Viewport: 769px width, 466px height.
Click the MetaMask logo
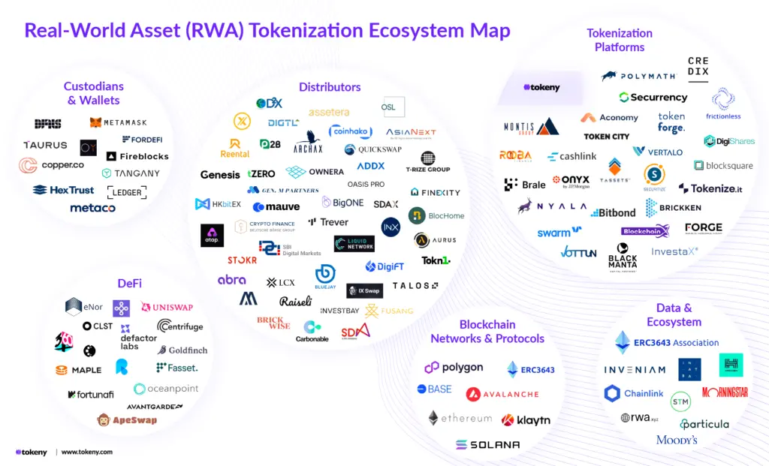pyautogui.click(x=119, y=122)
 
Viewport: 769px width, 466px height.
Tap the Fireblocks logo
pyautogui.click(x=137, y=156)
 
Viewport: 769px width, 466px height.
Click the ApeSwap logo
pyautogui.click(x=127, y=419)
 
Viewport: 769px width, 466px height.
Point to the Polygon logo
pyautogui.click(x=454, y=368)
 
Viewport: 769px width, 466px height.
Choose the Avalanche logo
pyautogui.click(x=502, y=394)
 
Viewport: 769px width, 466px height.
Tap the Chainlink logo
pyautogui.click(x=634, y=393)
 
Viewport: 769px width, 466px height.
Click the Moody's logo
pyautogui.click(x=677, y=439)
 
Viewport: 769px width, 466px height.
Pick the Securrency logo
pyautogui.click(x=653, y=98)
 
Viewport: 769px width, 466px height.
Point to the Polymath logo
pyautogui.click(x=638, y=76)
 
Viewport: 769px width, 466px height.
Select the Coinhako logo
pyautogui.click(x=350, y=131)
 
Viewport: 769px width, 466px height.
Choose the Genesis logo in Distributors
pyautogui.click(x=220, y=175)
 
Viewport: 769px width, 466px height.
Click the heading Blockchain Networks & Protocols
pyautogui.click(x=487, y=332)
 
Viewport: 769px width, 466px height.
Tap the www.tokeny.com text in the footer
pyautogui.click(x=86, y=452)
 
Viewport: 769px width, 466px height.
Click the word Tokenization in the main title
pyautogui.click(x=295, y=31)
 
